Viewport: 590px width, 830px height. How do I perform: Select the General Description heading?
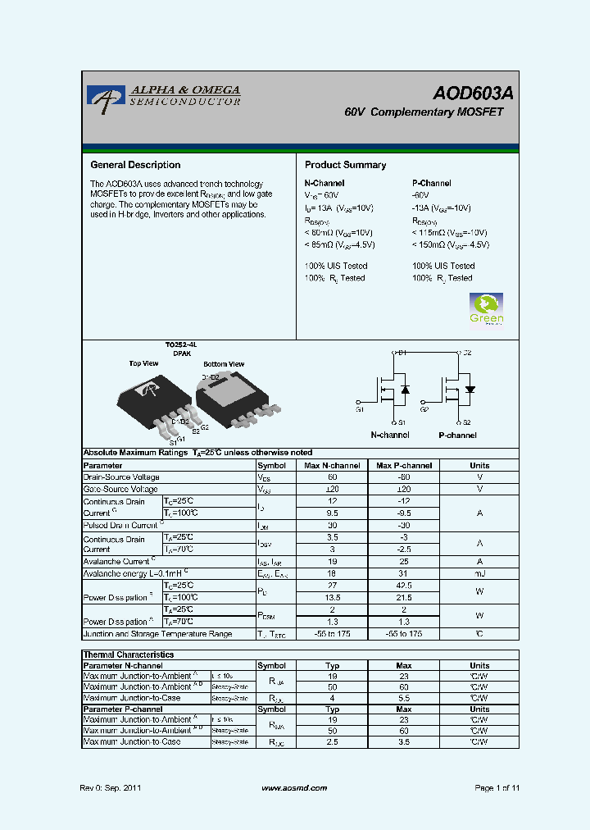[135, 165]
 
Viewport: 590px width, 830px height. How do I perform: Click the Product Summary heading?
[345, 165]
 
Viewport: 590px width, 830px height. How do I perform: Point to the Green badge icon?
[486, 308]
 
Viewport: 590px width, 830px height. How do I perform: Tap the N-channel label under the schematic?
[389, 436]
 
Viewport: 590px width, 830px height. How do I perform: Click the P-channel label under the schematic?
[457, 436]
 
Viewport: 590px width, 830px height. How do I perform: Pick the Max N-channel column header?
[333, 465]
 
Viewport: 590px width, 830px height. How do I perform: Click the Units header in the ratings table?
[479, 465]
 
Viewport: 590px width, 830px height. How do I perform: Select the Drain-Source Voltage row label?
[121, 477]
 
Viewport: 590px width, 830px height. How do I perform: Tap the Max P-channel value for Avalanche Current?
[404, 563]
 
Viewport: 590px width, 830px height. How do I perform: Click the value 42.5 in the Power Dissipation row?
[404, 586]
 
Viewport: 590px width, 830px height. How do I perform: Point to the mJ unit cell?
[479, 574]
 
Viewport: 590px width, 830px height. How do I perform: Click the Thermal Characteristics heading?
[129, 654]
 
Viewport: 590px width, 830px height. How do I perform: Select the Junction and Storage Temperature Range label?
[157, 634]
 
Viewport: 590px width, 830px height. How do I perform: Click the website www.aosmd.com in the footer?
[294, 788]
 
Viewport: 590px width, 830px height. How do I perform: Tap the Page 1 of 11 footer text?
[497, 788]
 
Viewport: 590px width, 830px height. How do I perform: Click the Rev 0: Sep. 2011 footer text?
[111, 788]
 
